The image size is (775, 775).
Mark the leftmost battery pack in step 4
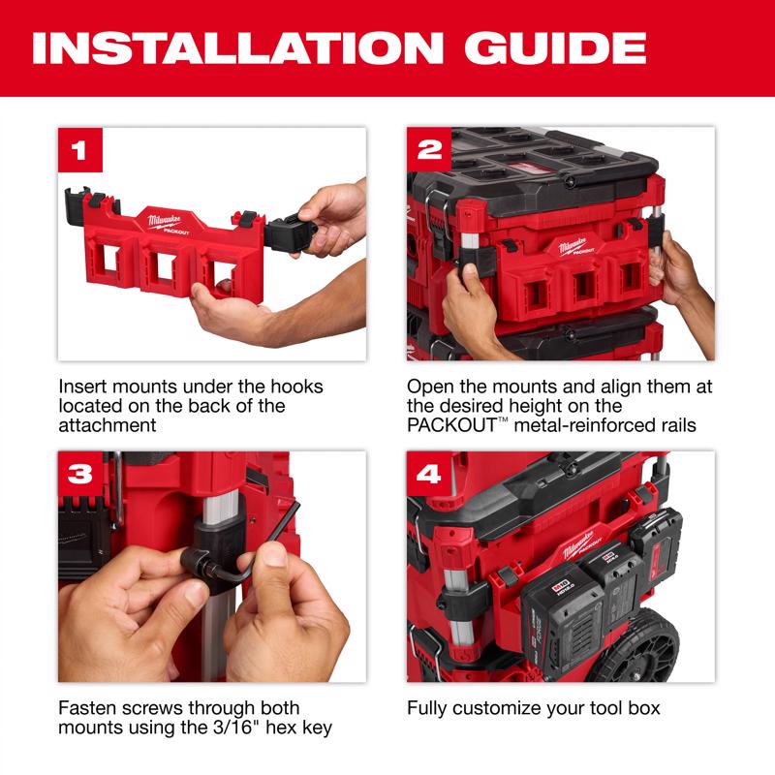(558, 625)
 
